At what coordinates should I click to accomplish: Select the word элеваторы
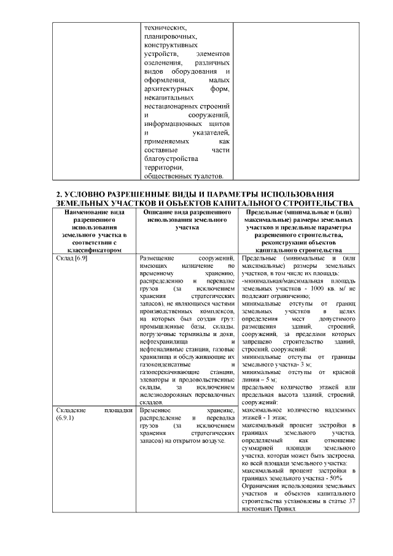155,379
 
